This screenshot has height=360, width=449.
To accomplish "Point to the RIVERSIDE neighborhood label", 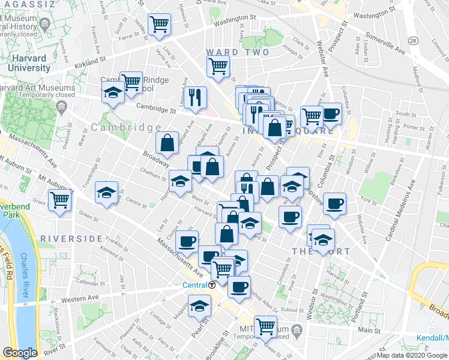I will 72,238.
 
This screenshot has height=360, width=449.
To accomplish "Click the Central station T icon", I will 212,284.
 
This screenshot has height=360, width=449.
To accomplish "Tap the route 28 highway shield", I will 413,40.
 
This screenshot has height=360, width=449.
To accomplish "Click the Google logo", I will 20,353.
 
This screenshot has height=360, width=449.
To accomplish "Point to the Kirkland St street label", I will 89,62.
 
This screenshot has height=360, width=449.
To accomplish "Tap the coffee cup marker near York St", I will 334,203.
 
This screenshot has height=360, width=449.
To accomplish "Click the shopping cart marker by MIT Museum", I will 265,326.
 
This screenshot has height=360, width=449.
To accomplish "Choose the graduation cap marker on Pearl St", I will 200,305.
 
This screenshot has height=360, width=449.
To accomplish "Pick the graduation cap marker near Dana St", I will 107,192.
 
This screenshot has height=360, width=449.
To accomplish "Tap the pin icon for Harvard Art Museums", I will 61,107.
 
